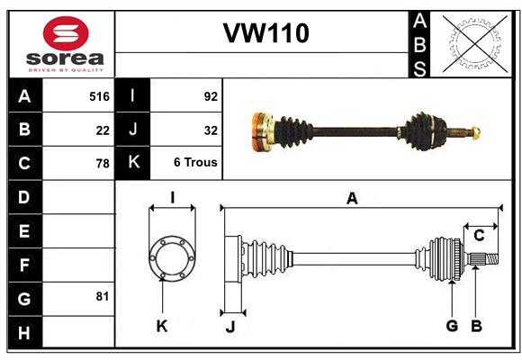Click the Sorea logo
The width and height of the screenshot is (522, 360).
click(65, 45)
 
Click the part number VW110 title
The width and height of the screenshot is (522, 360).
click(265, 33)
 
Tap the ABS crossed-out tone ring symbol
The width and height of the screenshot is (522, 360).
click(475, 43)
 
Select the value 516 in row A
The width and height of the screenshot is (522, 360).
click(99, 96)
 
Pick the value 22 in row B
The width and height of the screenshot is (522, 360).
click(103, 130)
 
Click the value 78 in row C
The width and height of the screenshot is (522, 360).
click(103, 164)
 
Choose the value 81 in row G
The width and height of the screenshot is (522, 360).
click(102, 296)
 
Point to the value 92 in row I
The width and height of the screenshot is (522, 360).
click(211, 96)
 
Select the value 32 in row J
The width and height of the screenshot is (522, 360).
click(211, 130)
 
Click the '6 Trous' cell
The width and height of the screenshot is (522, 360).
click(195, 164)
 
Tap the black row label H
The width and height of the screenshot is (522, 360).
click(24, 332)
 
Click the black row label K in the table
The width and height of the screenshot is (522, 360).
click(133, 164)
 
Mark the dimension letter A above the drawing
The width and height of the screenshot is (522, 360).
click(353, 199)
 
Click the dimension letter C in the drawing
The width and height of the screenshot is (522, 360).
click(479, 236)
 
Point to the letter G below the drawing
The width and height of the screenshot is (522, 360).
click(452, 326)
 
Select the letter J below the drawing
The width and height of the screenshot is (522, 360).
click(229, 327)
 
